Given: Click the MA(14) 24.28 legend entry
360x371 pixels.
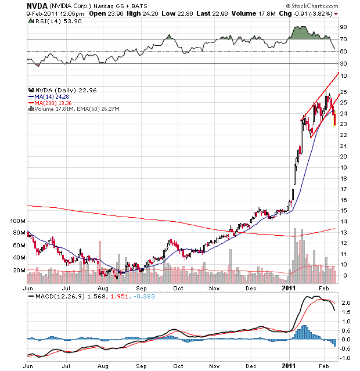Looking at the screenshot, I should (x=51, y=96).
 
